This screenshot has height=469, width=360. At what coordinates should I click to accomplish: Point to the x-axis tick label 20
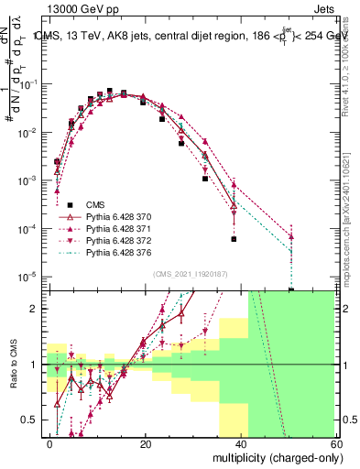pyautogui.click(x=146, y=443)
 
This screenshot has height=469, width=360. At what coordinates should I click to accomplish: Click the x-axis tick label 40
pyautogui.click(x=241, y=443)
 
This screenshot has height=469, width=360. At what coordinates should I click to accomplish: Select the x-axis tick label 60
pyautogui.click(x=336, y=443)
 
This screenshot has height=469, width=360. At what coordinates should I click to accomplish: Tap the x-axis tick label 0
pyautogui.click(x=50, y=443)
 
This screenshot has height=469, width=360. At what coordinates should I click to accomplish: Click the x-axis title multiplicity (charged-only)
pyautogui.click(x=275, y=457)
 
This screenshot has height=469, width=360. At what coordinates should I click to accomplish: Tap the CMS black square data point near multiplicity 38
pyautogui.click(x=235, y=239)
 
